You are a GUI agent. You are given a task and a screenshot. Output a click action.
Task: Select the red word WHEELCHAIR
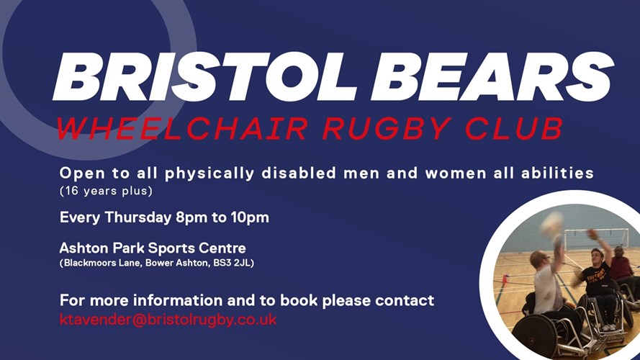click(x=182, y=129)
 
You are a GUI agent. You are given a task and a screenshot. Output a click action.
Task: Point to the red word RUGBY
click(x=387, y=129)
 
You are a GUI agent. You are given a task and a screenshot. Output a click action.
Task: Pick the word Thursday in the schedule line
click(x=138, y=217)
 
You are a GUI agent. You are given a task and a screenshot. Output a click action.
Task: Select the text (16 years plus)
click(x=106, y=191)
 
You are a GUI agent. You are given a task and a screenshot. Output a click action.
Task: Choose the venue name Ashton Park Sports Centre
click(x=153, y=248)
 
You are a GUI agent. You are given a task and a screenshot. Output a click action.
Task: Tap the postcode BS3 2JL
click(x=233, y=264)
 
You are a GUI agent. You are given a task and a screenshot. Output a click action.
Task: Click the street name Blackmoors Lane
click(x=103, y=264)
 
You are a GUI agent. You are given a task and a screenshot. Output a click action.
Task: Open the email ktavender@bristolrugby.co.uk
click(x=168, y=320)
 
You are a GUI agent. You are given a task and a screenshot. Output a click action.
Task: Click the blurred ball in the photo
click(x=551, y=223)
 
